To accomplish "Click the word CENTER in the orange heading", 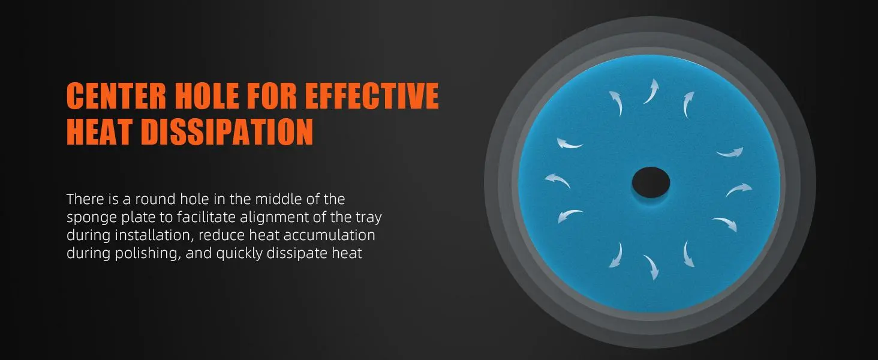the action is tap(116, 95).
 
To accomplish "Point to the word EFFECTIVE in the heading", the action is tap(372, 95).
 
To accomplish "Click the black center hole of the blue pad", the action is tap(651, 182).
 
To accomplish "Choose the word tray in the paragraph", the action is tap(368, 218).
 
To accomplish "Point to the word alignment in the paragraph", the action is tap(274, 218).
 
